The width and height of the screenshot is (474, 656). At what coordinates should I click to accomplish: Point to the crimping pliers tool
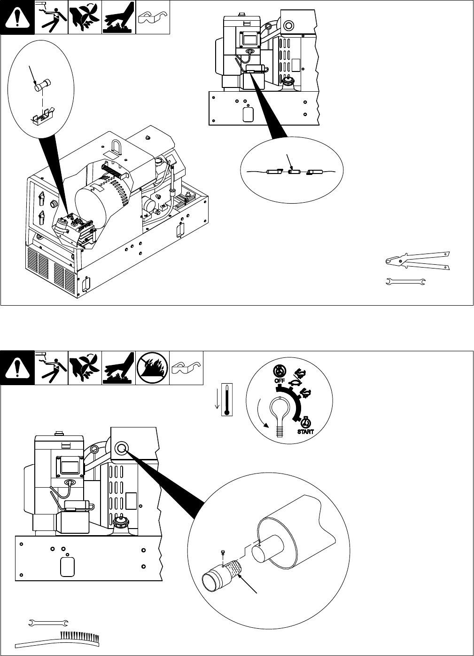pos(417,261)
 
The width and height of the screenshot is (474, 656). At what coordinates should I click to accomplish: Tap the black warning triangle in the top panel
pos(17,17)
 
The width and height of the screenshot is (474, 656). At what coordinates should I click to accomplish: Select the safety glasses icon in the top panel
pos(152,17)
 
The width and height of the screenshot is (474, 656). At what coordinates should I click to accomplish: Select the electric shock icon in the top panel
pos(51,17)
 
